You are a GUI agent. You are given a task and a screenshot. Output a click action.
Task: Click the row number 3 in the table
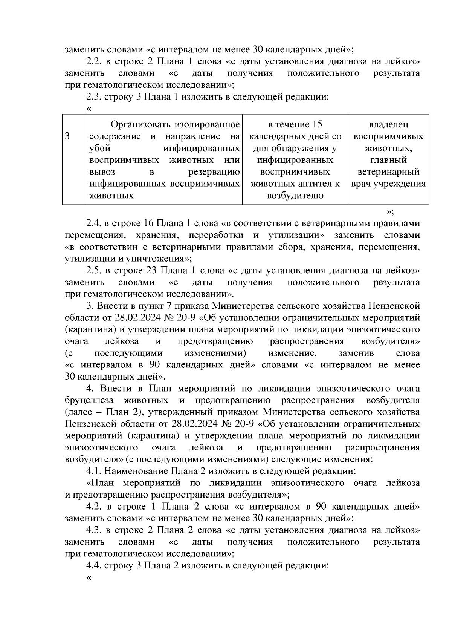pyautogui.click(x=67, y=136)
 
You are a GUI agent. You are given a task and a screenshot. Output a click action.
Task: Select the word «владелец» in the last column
pyautogui.click(x=388, y=124)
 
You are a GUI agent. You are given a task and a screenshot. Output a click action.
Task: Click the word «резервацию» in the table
pyautogui.click(x=214, y=172)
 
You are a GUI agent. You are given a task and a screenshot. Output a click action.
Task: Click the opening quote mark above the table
pyautogui.click(x=89, y=109)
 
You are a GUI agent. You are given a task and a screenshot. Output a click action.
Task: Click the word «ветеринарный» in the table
pyautogui.click(x=388, y=172)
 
